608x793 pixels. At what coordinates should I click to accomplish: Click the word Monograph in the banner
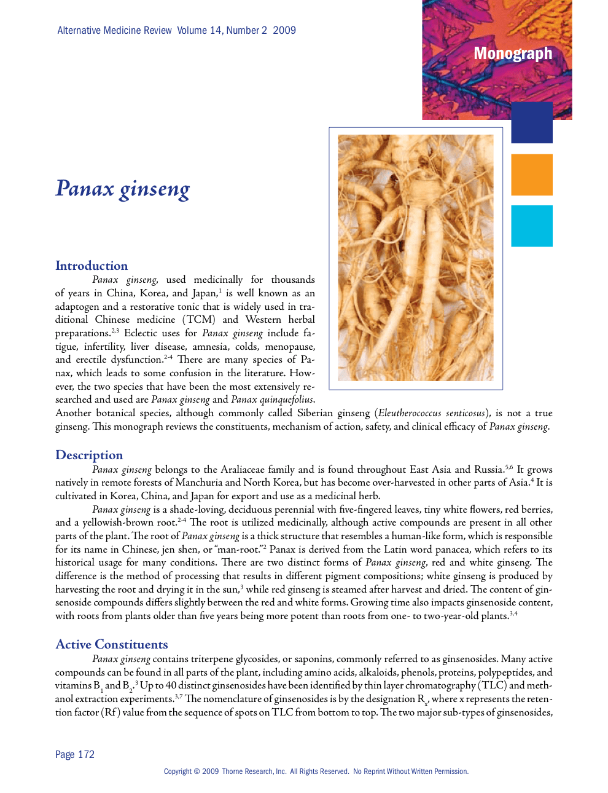pyautogui.click(x=513, y=54)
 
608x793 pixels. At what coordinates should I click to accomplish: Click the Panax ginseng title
pyautogui.click(x=123, y=189)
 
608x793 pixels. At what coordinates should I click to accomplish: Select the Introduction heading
pyautogui.click(x=92, y=266)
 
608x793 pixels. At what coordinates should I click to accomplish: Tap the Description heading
pyautogui.click(x=89, y=455)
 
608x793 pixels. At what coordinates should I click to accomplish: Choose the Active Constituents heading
pyautogui.click(x=112, y=644)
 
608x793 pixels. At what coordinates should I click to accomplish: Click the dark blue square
pyautogui.click(x=532, y=122)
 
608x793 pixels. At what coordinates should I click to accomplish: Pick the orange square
pyautogui.click(x=532, y=175)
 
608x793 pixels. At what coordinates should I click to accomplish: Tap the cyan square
pyautogui.click(x=532, y=226)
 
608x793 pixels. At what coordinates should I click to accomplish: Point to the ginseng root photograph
pyautogui.click(x=416, y=258)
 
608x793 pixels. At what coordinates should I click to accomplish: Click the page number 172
pyautogui.click(x=86, y=754)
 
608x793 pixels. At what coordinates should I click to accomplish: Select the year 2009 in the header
pyautogui.click(x=284, y=30)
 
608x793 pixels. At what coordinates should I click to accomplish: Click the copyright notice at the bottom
pyautogui.click(x=316, y=771)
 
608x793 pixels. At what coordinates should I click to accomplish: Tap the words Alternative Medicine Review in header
pyautogui.click(x=115, y=30)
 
